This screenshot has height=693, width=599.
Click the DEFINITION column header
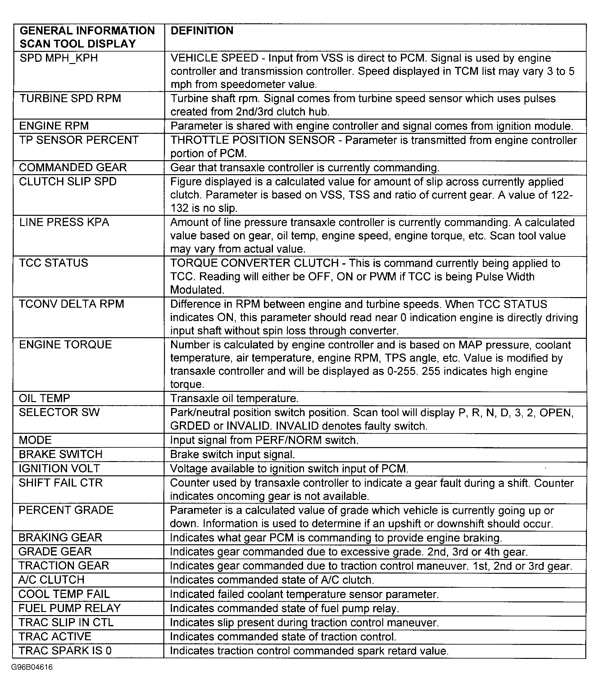click(x=202, y=31)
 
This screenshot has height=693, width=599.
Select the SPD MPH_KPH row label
click(x=58, y=58)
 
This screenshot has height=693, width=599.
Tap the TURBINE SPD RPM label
click(x=70, y=99)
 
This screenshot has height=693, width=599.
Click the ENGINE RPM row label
click(x=54, y=126)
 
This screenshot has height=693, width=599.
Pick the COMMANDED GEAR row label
click(x=73, y=168)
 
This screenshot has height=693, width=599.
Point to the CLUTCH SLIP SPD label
click(x=68, y=182)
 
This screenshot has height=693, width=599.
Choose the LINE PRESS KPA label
click(x=64, y=222)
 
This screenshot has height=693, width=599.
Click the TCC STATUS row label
click(x=53, y=263)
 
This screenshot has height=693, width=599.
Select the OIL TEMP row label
click(x=44, y=398)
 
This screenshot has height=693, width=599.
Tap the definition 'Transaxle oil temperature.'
click(x=234, y=399)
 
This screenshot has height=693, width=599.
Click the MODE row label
click(x=35, y=440)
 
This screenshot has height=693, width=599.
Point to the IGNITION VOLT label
click(x=59, y=469)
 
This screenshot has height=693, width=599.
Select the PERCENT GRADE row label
click(x=66, y=510)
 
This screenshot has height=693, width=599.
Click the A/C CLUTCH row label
click(x=51, y=580)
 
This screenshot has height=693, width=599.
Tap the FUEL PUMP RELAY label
click(x=69, y=608)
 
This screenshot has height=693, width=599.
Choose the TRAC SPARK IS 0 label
click(x=65, y=650)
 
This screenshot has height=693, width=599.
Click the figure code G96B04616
click(x=32, y=668)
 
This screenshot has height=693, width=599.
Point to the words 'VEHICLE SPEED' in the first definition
click(x=214, y=58)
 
